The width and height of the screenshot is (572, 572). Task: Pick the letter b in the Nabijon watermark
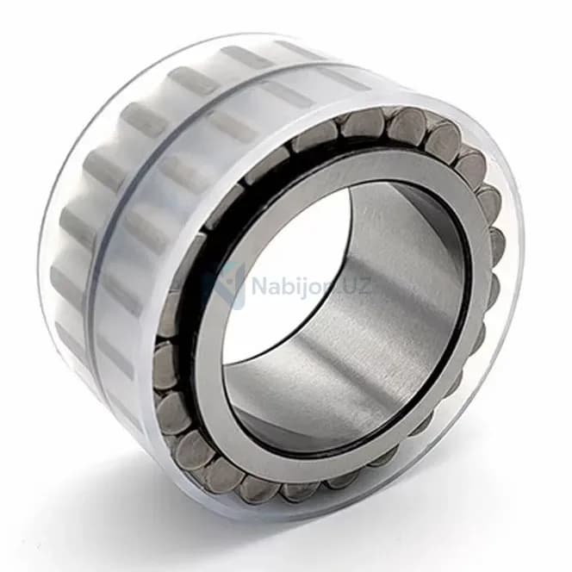[287, 285]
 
